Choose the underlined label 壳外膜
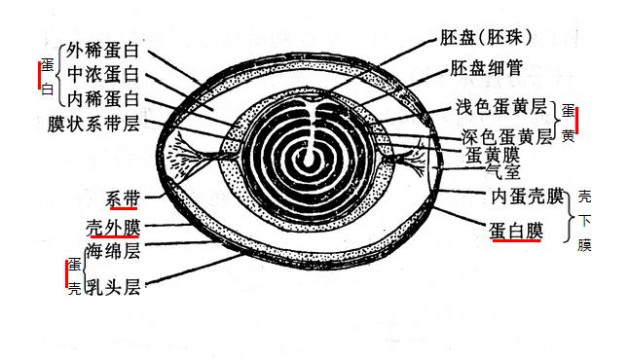[x=114, y=228]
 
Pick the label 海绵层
[x=114, y=252]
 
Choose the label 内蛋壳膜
[x=528, y=198]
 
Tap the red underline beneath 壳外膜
[x=114, y=238]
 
